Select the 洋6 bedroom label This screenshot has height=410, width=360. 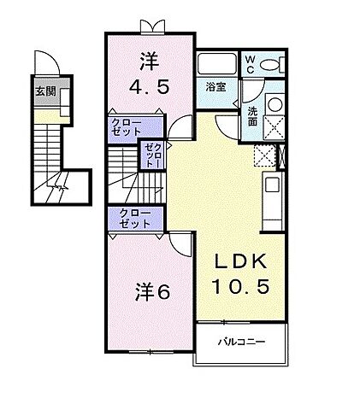tap(152, 290)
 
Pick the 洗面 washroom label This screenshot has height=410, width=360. tap(253, 116)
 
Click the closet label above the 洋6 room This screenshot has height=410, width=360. tap(135, 218)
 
